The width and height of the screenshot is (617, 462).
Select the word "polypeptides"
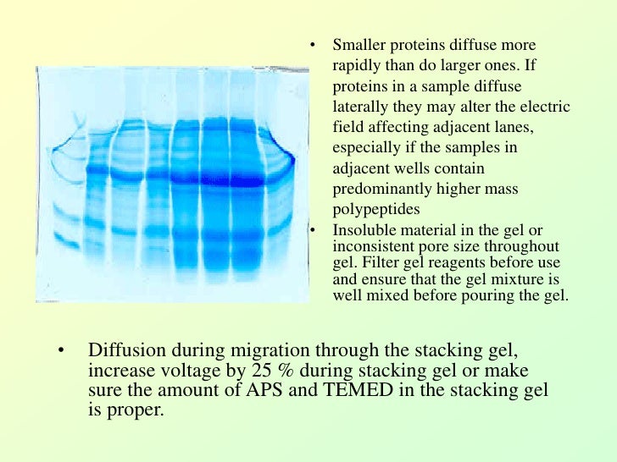point(370,209)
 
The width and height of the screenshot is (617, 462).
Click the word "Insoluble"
point(361,231)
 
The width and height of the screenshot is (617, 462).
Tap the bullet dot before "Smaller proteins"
point(312,46)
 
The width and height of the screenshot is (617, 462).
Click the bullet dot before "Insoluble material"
point(312,231)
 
